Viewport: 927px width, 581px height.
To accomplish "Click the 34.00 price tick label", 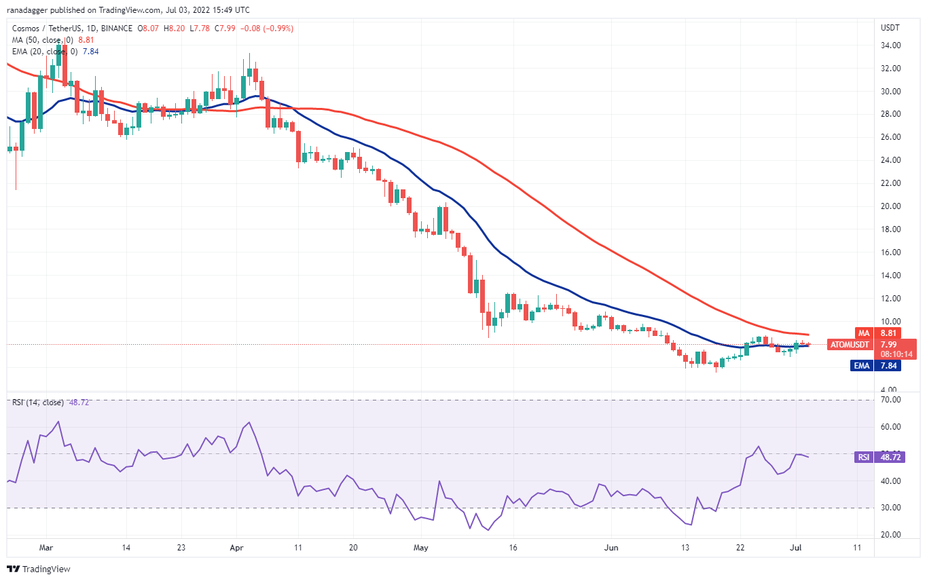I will (890, 45).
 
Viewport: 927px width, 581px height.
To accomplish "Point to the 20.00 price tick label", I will (890, 206).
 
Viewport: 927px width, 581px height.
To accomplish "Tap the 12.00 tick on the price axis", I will (890, 299).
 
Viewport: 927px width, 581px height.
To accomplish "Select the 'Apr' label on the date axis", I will (237, 547).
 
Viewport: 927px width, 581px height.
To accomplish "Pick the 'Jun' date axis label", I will (611, 547).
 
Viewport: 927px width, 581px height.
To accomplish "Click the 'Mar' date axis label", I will (46, 547).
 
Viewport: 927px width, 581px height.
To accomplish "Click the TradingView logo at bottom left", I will (39, 569).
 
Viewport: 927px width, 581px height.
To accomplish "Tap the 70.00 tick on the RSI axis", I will (890, 400).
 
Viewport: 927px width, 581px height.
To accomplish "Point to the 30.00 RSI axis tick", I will (890, 508).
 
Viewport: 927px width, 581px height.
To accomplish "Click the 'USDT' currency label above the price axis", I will (890, 29).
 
